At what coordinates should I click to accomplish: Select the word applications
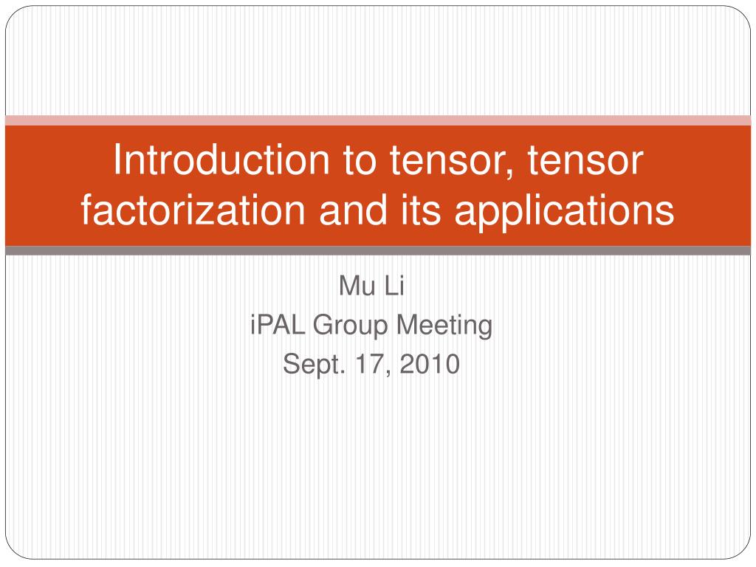(563, 212)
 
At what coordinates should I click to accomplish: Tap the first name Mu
(352, 285)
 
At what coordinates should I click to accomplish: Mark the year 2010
(432, 363)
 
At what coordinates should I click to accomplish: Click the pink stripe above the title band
(378, 120)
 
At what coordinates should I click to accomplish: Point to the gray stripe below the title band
(378, 251)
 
